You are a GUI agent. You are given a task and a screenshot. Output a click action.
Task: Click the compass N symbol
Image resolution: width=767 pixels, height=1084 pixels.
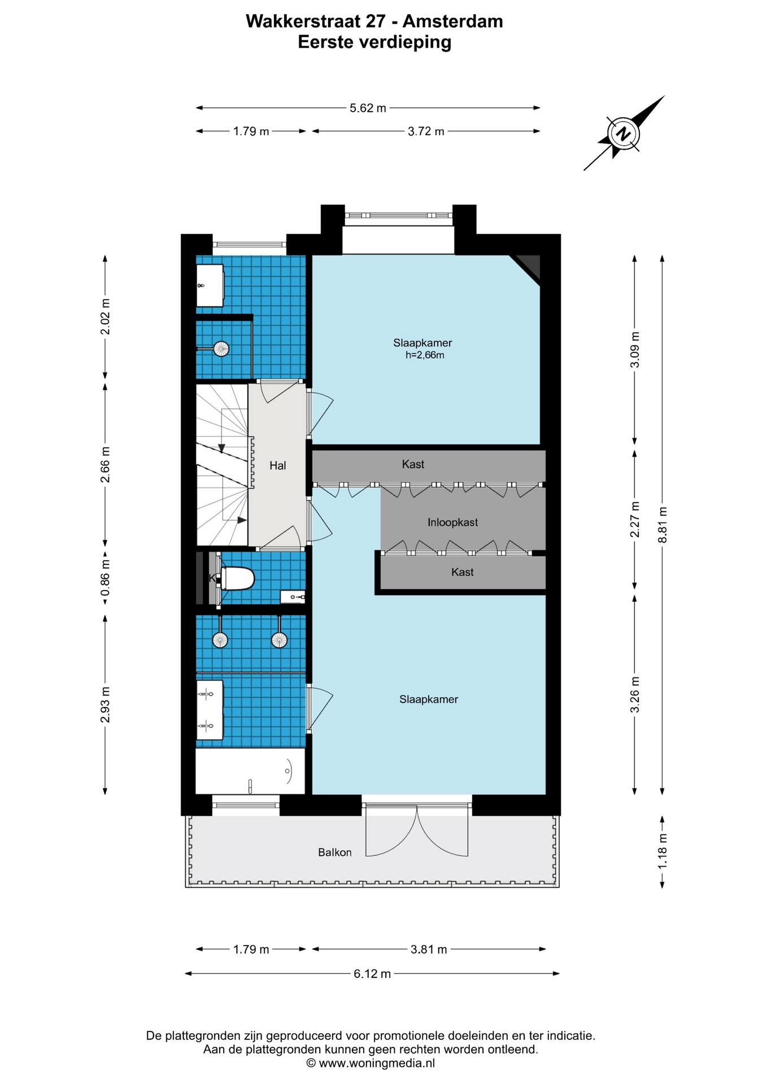coord(623,134)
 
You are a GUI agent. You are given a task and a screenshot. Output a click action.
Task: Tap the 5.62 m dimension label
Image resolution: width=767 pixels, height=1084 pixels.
coord(368,108)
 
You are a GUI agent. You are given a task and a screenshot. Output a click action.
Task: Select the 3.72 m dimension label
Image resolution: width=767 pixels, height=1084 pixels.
coord(426,132)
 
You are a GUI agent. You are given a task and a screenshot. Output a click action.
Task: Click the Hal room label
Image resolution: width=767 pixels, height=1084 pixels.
coord(277,466)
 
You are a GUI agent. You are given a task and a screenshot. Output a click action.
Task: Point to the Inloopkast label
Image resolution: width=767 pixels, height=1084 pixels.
coord(452,523)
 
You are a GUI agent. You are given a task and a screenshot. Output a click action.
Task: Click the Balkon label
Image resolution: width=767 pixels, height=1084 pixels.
coord(334,853)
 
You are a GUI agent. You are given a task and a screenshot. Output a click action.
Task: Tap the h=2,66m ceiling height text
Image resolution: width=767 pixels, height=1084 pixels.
coord(425,355)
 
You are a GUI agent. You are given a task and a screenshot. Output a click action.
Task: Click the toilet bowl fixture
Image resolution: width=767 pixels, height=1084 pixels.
coord(238,579)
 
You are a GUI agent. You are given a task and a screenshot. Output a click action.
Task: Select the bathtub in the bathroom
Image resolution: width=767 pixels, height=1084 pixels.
coord(250,771)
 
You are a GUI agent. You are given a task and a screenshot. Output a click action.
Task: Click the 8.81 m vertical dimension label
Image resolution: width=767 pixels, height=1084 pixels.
coord(663,524)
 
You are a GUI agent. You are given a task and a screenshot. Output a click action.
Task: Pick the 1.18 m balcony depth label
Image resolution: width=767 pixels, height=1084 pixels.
coord(663,851)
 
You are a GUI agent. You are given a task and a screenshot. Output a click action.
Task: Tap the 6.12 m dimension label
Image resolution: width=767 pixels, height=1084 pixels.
coord(372,973)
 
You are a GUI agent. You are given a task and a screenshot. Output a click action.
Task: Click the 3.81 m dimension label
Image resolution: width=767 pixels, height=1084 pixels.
coord(429,949)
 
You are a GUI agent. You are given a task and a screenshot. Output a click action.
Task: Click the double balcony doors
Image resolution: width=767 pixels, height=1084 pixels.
coord(417,830)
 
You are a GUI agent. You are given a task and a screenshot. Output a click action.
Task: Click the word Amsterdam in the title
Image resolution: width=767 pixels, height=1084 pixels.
coord(452,21)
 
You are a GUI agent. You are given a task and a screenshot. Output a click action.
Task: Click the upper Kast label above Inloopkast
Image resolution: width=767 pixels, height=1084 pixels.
coord(413,465)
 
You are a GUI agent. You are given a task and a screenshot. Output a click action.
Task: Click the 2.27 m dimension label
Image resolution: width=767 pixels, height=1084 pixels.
coord(635,519)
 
